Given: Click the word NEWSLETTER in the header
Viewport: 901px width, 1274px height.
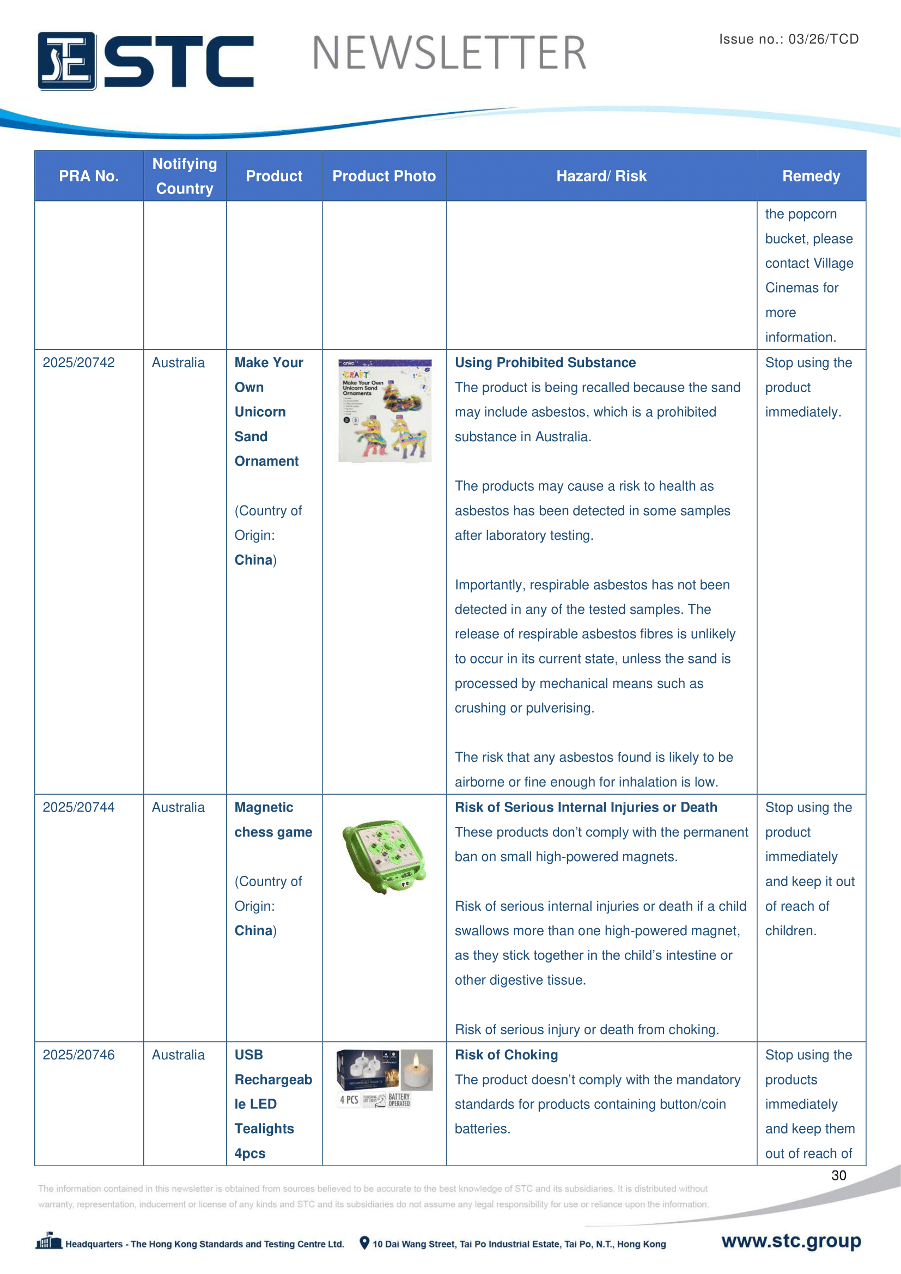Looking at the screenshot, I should [449, 53].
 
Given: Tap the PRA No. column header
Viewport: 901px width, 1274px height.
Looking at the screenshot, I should [89, 176].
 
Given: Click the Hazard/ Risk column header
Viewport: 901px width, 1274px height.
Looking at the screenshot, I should [601, 176].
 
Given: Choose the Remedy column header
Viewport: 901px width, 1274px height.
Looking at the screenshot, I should [811, 176].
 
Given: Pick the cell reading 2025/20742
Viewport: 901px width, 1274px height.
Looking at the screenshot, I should [79, 362].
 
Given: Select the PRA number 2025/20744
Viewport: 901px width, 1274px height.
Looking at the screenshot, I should [79, 807].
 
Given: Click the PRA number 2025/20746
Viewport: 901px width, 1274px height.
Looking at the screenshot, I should [79, 1055].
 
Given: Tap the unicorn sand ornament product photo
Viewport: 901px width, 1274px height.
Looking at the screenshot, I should [385, 411].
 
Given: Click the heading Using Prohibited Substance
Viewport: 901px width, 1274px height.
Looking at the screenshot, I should [545, 362].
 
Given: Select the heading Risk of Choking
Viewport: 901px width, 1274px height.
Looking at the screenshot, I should [506, 1055].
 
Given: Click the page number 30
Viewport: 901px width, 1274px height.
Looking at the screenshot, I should [838, 1175].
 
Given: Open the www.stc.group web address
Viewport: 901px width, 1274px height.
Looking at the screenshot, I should [790, 1241].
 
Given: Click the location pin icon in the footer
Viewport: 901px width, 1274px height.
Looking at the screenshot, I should [364, 1243].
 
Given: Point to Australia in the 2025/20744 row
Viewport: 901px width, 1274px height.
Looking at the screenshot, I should [178, 807].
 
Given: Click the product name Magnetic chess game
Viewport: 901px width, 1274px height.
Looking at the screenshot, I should [273, 820].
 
